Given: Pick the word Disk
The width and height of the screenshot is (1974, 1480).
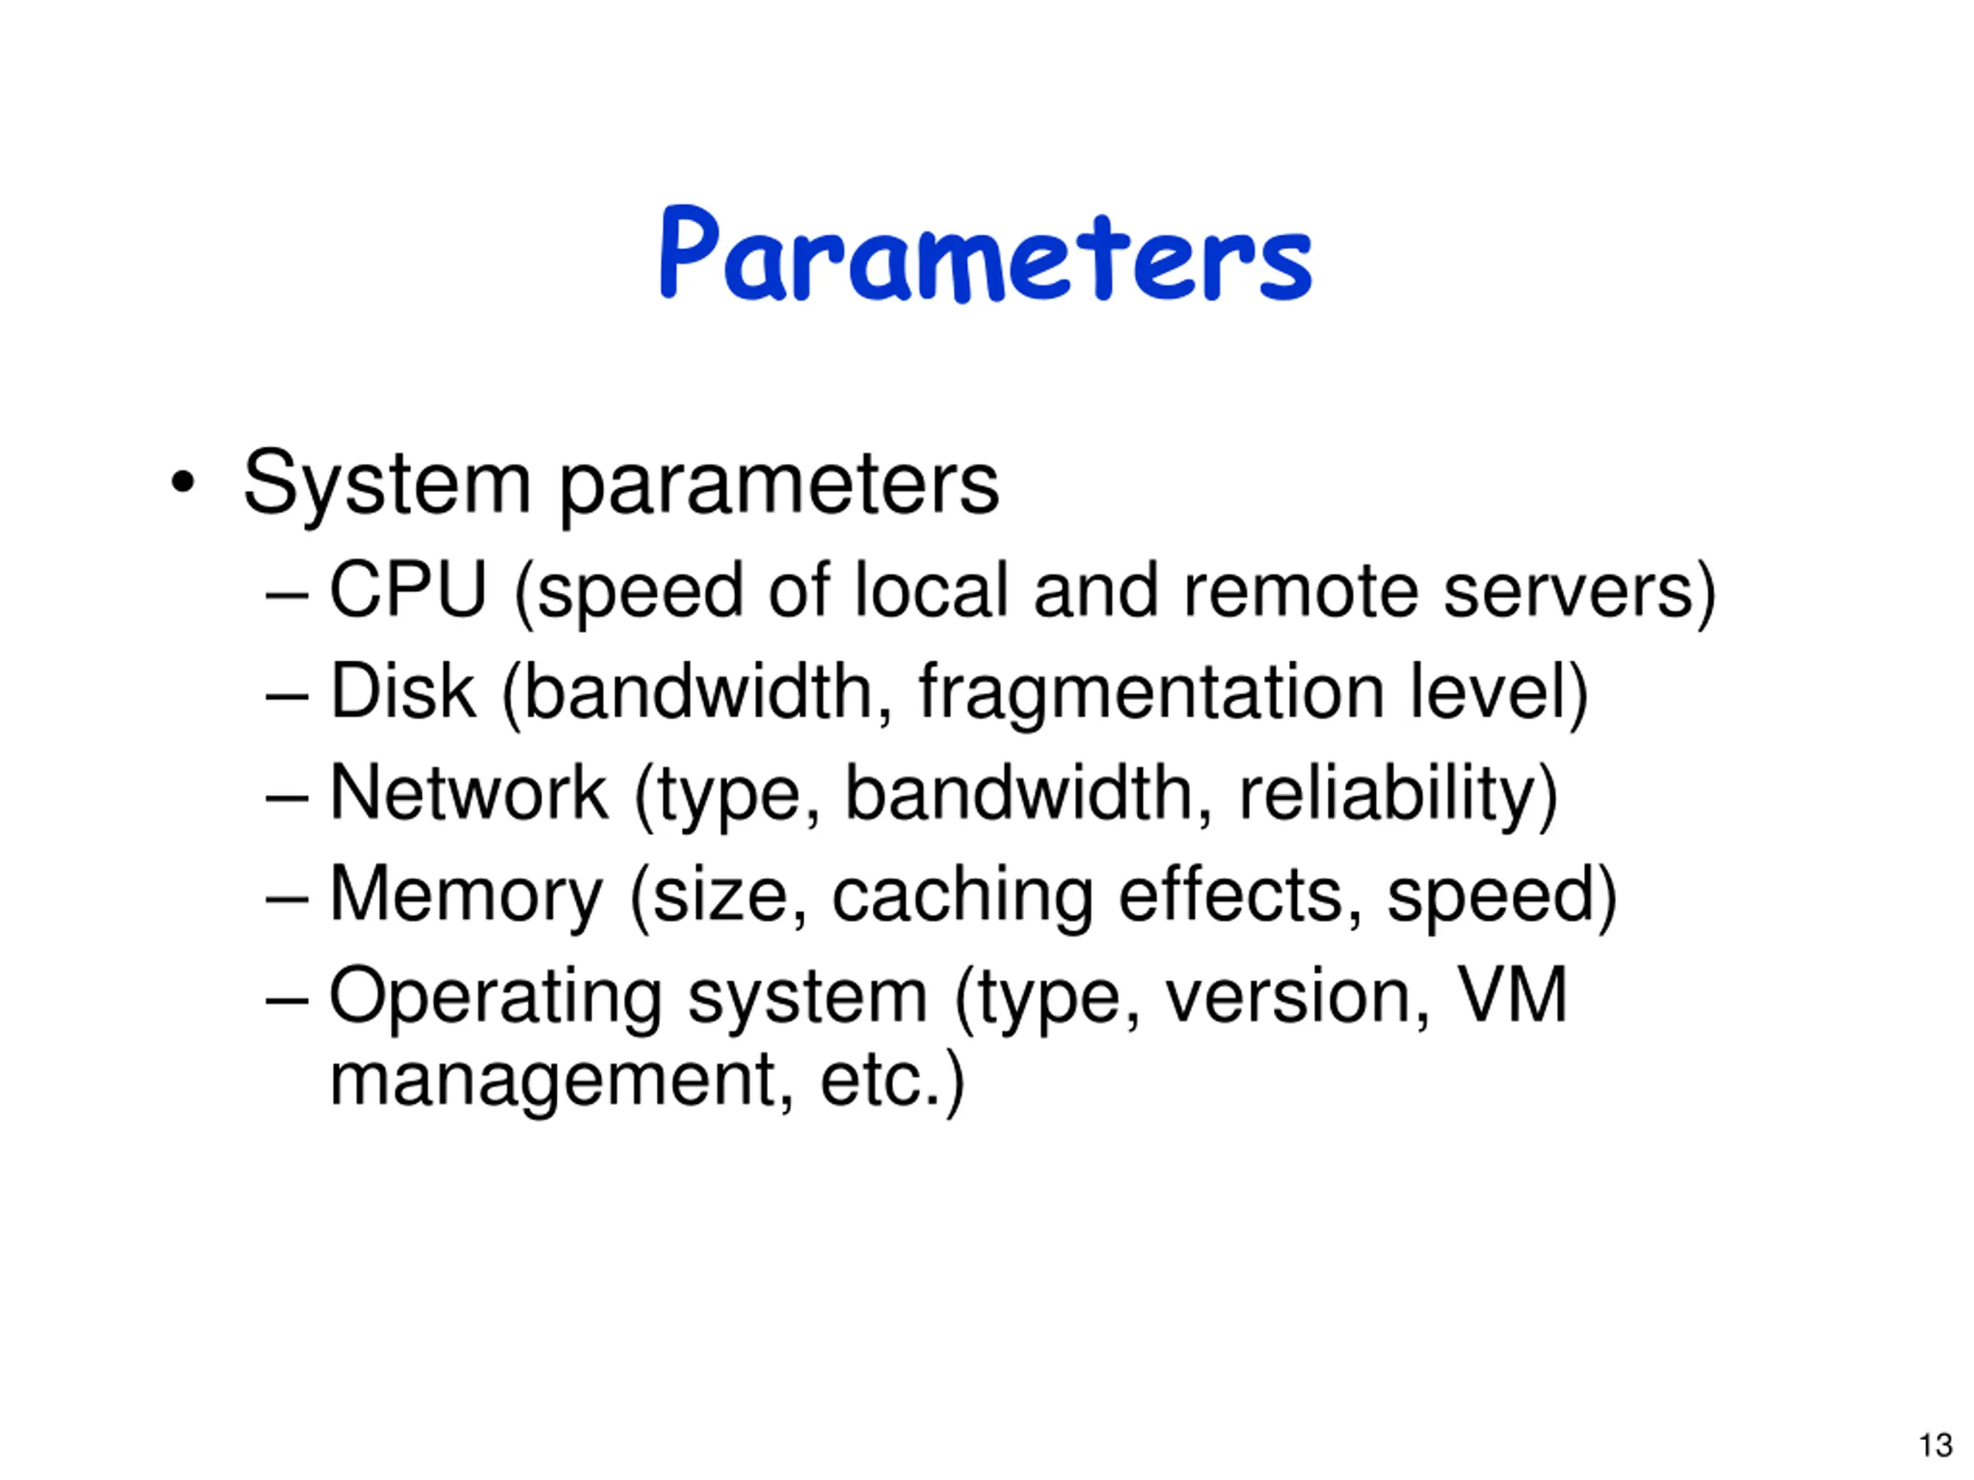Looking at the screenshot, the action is click(403, 691).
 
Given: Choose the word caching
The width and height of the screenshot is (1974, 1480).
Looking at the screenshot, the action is click(962, 896).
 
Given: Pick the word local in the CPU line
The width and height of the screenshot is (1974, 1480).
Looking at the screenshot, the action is click(931, 590).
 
